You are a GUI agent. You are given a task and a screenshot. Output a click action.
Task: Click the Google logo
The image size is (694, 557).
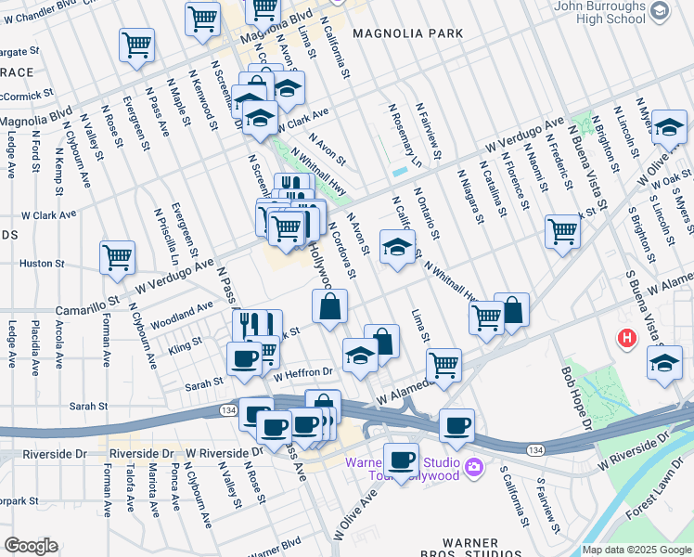32,545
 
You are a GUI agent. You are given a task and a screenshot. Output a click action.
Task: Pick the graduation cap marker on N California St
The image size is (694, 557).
397,249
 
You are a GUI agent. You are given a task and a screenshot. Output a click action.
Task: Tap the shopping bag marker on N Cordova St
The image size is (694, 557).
330,306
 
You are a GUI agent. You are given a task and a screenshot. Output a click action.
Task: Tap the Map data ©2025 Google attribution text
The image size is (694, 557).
636,550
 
